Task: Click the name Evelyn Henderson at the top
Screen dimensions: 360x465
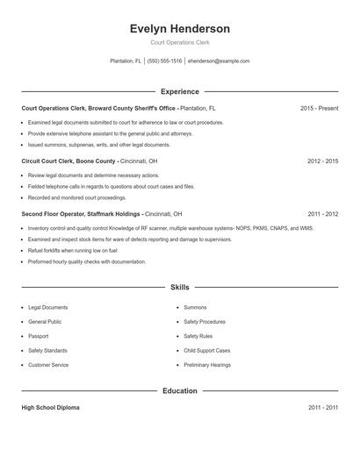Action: [x=179, y=28]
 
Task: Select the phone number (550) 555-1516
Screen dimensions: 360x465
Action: [x=164, y=61]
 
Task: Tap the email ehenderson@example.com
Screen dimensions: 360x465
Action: [x=219, y=61]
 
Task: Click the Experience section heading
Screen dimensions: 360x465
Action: [x=179, y=91]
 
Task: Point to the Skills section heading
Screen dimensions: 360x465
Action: [x=179, y=287]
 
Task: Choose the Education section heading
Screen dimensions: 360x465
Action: [x=179, y=390]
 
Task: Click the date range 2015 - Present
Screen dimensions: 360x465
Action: [x=319, y=108]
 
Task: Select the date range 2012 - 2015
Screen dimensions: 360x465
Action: [x=322, y=161]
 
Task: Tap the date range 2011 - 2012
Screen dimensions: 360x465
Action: [x=322, y=214]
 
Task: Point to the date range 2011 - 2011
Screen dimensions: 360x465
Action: [x=322, y=408]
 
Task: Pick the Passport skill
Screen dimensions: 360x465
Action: [x=39, y=336]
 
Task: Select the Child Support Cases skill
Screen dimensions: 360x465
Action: [x=208, y=350]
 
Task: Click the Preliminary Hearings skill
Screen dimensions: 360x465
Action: [x=207, y=364]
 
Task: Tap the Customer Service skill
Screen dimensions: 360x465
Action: [x=48, y=364]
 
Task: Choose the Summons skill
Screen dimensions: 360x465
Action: [x=195, y=307]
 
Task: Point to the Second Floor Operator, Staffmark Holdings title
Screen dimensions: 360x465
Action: [x=80, y=214]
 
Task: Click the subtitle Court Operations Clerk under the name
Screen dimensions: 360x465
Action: [x=179, y=42]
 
